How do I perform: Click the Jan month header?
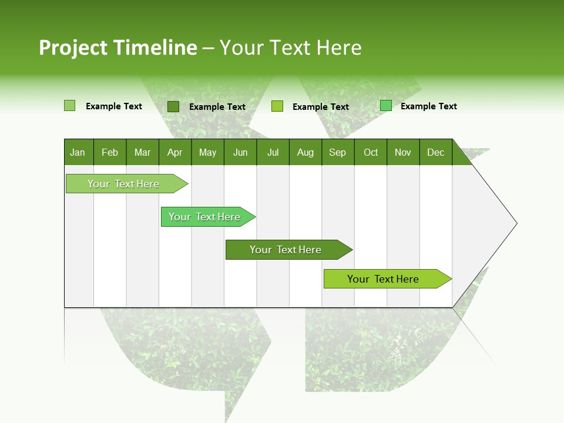78,152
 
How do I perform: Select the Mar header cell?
142,152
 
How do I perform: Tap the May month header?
207,152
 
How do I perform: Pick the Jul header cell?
273,152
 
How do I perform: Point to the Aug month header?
305,152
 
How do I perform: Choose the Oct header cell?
371,152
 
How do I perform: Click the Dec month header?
435,152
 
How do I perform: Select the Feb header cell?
110,152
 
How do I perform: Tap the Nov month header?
403,152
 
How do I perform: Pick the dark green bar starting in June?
286,250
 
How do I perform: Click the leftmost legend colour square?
69,106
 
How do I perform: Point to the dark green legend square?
173,106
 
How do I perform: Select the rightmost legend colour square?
386,106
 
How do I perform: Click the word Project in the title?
73,48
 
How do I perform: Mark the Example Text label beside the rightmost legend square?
428,106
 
